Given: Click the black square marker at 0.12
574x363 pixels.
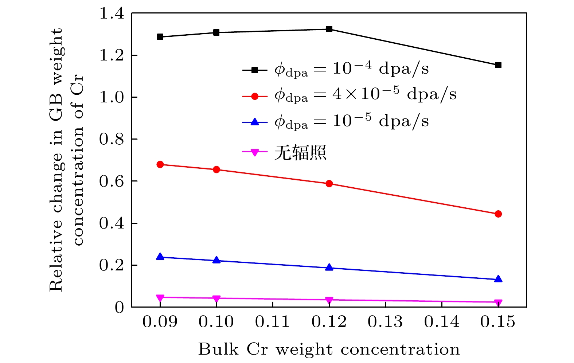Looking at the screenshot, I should pyautogui.click(x=329, y=29).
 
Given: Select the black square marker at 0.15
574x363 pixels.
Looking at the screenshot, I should pyautogui.click(x=498, y=65).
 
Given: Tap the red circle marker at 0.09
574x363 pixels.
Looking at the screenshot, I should pyautogui.click(x=160, y=165).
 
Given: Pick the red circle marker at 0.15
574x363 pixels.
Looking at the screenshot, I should pyautogui.click(x=498, y=214).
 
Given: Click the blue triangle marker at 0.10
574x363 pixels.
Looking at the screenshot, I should pyautogui.click(x=216, y=260).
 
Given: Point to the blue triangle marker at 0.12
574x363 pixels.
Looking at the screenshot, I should pyautogui.click(x=329, y=268).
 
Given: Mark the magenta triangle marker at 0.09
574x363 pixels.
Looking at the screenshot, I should pyautogui.click(x=160, y=298).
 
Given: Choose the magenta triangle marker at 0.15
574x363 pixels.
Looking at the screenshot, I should pyautogui.click(x=498, y=302).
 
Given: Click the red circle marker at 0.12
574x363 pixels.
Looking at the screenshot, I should pyautogui.click(x=329, y=184).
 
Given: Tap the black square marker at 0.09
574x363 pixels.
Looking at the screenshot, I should pyautogui.click(x=160, y=37).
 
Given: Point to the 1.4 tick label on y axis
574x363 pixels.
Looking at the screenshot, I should pyautogui.click(x=112, y=14).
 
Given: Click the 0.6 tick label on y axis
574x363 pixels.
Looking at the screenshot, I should pyautogui.click(x=112, y=181).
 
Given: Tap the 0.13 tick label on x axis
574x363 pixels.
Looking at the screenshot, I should pyautogui.click(x=385, y=322).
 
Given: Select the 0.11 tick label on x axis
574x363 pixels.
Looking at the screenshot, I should pyautogui.click(x=273, y=322).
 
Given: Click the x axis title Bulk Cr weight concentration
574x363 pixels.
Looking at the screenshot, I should pyautogui.click(x=329, y=350).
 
